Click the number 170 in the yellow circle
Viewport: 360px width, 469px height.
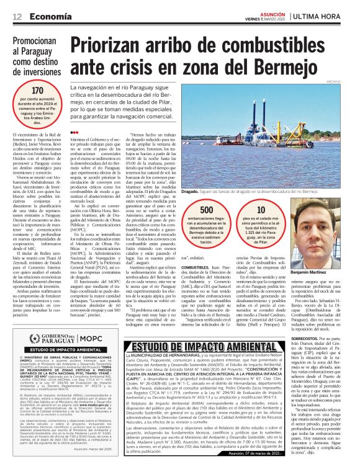37,91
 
